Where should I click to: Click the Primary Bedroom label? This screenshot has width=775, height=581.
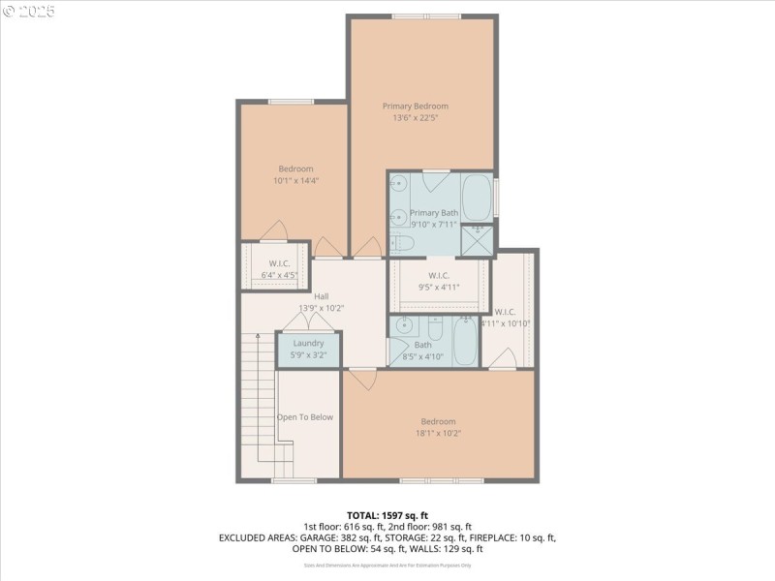(415, 106)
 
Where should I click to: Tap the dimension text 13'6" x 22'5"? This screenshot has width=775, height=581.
(415, 118)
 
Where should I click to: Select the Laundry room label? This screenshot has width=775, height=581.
(308, 343)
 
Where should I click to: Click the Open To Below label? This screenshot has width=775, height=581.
(305, 417)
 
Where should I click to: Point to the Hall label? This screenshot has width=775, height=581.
(321, 296)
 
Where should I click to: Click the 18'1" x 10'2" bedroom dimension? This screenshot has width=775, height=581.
(438, 433)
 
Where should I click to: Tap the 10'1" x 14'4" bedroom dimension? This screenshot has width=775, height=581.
(295, 180)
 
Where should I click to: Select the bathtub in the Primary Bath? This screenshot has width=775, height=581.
(476, 198)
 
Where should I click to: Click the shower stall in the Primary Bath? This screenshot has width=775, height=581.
(476, 240)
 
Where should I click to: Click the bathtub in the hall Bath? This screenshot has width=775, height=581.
(466, 341)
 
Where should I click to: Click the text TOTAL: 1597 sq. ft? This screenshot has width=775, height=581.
(387, 514)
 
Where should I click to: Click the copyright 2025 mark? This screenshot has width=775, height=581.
(29, 11)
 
